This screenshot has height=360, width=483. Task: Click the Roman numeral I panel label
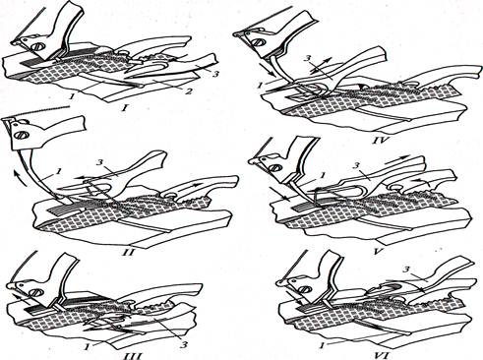[x=124, y=107]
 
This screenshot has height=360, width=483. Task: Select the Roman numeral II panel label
[x=130, y=253]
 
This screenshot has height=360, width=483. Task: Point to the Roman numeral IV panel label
[x=380, y=141]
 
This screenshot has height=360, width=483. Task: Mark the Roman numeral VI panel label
[x=382, y=355]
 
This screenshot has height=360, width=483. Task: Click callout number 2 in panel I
[x=188, y=91]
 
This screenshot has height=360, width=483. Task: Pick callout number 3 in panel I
[x=215, y=75]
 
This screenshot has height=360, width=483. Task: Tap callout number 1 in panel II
[x=59, y=171]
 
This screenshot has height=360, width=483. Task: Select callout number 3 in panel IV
[x=307, y=59]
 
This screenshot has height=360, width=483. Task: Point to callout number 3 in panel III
[x=184, y=345]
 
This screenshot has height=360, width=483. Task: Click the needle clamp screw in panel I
[x=36, y=47]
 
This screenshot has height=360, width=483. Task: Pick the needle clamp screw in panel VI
[x=306, y=289]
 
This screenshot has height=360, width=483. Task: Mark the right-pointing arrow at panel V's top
[x=397, y=160]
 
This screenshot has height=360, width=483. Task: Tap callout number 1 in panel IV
[x=260, y=86]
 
